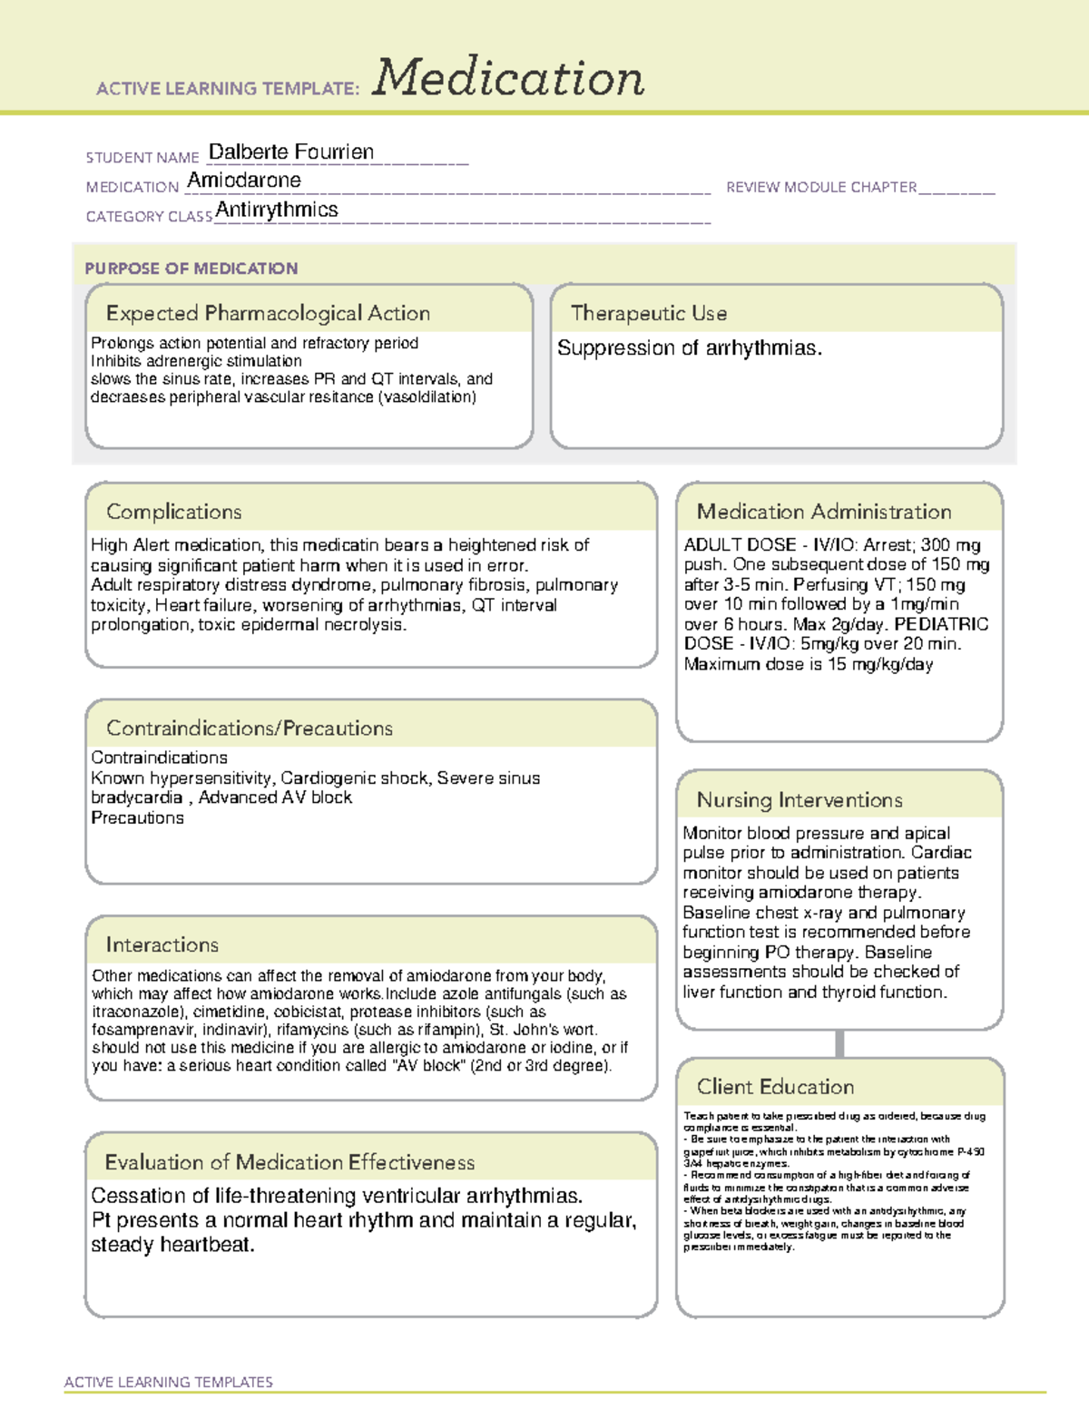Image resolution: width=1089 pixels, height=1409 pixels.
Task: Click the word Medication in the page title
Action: click(508, 78)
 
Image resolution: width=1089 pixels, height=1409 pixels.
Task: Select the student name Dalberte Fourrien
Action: click(290, 152)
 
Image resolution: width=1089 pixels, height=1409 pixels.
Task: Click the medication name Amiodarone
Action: click(243, 181)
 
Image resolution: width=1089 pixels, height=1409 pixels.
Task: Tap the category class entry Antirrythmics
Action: click(277, 210)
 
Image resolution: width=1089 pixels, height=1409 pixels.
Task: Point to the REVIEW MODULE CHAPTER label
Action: click(820, 187)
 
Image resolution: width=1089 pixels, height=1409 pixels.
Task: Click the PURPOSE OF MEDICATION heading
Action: click(191, 269)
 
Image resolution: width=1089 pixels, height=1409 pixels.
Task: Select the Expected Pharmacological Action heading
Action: click(268, 313)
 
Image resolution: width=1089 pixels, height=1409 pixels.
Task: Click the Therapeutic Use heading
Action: click(648, 313)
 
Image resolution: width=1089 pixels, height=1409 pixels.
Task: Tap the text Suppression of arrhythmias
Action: click(689, 348)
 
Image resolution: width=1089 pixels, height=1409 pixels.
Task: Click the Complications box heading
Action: click(173, 512)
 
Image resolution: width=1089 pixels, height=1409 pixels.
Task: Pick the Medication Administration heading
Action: click(823, 512)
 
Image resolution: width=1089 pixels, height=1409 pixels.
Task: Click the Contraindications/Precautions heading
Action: click(249, 729)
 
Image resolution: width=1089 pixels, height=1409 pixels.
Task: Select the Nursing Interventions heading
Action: click(799, 800)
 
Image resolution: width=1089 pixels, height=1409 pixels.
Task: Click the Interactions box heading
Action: click(162, 945)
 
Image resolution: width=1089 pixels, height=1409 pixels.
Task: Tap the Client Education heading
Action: click(775, 1087)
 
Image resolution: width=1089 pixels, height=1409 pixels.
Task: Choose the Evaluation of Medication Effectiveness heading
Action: click(289, 1162)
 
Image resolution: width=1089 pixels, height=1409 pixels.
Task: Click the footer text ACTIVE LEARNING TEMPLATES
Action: click(168, 1382)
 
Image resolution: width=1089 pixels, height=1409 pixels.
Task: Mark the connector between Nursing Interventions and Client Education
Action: click(839, 1043)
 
